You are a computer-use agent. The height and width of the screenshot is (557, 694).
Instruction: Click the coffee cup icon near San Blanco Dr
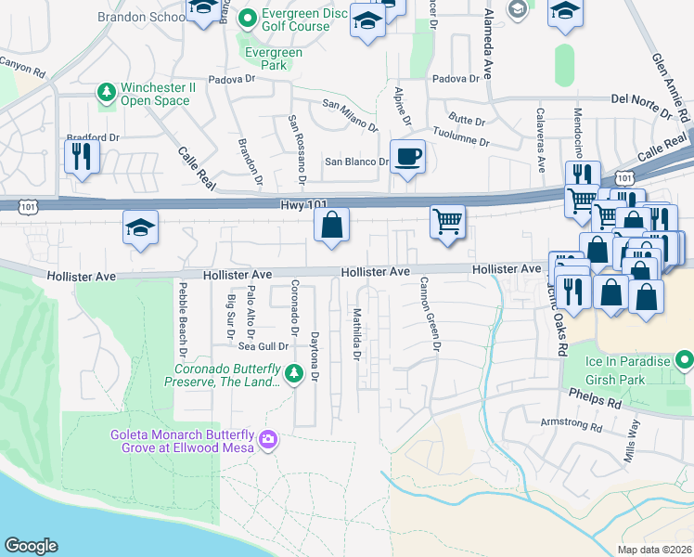click(406, 156)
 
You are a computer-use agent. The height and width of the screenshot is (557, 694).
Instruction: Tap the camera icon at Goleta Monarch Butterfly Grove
click(268, 438)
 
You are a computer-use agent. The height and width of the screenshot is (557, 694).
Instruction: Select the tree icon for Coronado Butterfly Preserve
click(294, 374)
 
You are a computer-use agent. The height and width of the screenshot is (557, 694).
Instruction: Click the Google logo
click(31, 546)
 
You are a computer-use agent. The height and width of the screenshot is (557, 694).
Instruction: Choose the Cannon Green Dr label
click(430, 314)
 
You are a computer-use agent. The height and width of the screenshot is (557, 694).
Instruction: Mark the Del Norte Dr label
click(641, 106)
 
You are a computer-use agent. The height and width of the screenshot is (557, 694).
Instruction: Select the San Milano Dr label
click(350, 115)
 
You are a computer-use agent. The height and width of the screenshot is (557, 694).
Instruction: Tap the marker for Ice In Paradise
click(685, 358)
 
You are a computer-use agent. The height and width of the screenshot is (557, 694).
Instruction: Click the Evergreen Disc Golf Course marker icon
click(248, 18)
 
